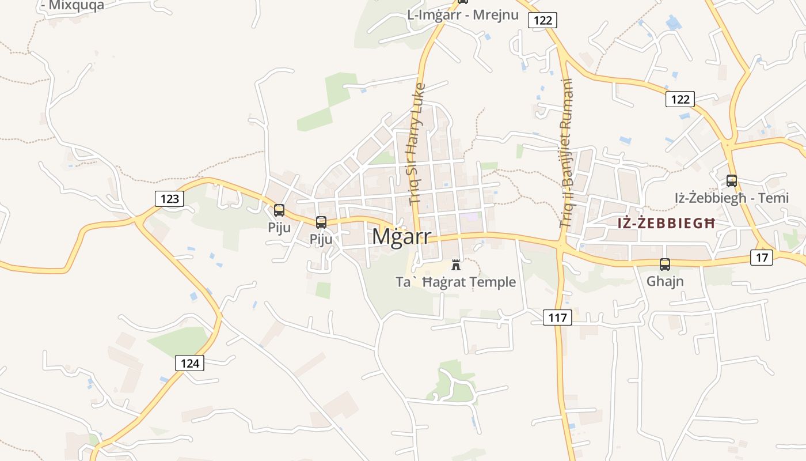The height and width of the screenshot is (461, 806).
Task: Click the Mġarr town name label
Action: (x=401, y=236)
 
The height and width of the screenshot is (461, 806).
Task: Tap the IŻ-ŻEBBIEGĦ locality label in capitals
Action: (x=666, y=223)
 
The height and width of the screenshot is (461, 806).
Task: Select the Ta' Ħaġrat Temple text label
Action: (x=455, y=282)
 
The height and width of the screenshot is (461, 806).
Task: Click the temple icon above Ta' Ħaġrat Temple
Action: (x=456, y=265)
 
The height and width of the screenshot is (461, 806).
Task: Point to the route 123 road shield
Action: (x=169, y=199)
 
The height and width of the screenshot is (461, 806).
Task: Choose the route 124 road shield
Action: (x=189, y=363)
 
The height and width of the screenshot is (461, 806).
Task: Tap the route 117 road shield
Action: (x=557, y=317)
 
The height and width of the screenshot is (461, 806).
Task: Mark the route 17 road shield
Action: (x=762, y=258)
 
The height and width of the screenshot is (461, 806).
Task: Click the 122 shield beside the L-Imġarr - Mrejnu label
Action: (x=542, y=21)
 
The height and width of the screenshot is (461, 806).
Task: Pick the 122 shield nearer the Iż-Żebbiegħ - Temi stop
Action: (x=680, y=99)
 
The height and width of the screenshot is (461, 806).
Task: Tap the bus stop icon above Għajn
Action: (x=665, y=264)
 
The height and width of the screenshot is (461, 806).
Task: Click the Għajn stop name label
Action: (x=665, y=281)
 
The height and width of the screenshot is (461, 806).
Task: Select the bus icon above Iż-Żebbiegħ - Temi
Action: (x=731, y=181)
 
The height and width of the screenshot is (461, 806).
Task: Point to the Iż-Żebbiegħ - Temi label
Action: (x=731, y=198)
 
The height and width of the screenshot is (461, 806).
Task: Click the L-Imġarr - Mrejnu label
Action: (x=463, y=15)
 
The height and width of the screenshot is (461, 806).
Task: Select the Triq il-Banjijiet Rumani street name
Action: (x=568, y=153)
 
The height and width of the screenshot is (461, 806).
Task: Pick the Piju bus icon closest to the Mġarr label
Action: (x=321, y=222)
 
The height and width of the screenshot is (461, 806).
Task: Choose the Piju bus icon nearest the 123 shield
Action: (x=279, y=210)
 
